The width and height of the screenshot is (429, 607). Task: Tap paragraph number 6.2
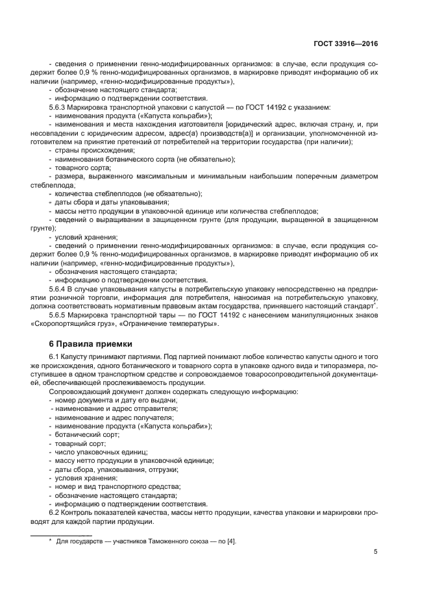55,513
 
